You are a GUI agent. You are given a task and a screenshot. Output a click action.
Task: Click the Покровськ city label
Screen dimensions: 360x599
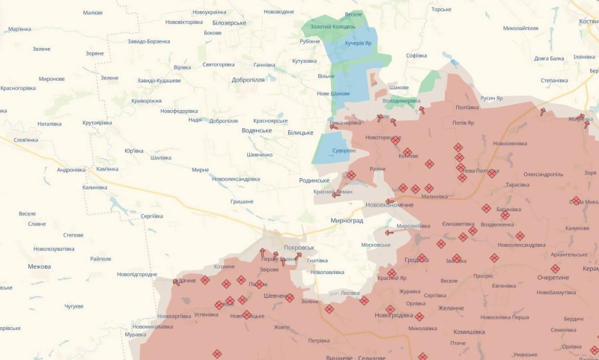tap(299, 248)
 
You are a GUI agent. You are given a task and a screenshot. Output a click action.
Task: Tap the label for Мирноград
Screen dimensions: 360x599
tap(347, 221)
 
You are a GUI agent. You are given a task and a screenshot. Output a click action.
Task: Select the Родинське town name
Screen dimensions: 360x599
tap(314, 180)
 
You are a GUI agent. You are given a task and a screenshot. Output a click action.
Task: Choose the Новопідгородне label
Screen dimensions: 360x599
tap(137, 275)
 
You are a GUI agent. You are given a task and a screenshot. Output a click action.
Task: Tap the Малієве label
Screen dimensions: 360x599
tap(93, 13)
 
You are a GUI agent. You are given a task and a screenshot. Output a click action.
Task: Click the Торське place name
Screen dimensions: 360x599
tap(442, 10)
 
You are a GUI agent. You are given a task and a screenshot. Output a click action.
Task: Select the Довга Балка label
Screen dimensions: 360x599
tap(549, 58)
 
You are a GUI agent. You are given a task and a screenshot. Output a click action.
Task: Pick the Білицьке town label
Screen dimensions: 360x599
tap(300, 132)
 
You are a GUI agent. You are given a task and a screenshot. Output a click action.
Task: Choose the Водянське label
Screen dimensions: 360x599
tap(257, 130)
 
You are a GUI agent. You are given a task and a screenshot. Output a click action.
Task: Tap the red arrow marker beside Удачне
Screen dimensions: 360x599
tap(175, 282)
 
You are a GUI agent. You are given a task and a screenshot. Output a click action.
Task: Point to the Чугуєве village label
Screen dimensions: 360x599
tap(73, 306)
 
